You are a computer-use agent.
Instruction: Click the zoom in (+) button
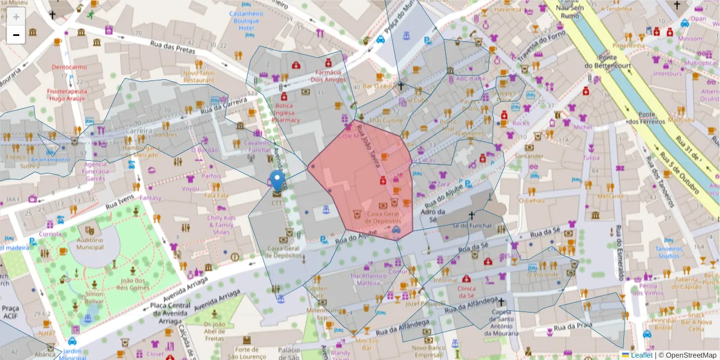pyautogui.click(x=16, y=17)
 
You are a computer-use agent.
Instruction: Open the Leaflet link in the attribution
pyautogui.click(x=641, y=355)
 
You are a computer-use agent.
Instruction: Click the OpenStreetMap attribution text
pyautogui.click(x=687, y=355)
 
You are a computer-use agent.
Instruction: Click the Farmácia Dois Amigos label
pyautogui.click(x=329, y=75)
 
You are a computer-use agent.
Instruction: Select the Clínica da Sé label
pyautogui.click(x=466, y=292)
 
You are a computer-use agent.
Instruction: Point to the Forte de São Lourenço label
pyautogui.click(x=251, y=353)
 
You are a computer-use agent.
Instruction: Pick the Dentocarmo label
pyautogui.click(x=70, y=67)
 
